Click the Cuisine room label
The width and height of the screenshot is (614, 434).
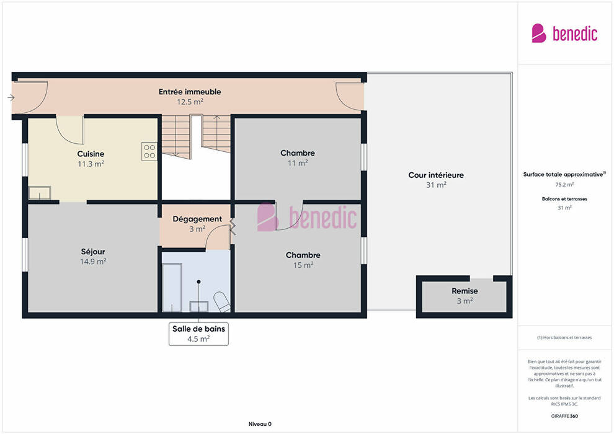91,154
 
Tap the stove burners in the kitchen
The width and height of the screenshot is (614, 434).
149,151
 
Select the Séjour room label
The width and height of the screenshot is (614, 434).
93,252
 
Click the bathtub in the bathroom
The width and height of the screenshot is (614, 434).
172,288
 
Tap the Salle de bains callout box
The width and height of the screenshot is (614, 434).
198,334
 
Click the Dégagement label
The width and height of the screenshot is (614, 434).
197,219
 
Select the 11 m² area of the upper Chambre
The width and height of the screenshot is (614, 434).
298,163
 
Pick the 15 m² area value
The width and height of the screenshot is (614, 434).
303,265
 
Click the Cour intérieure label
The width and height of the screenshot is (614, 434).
436,175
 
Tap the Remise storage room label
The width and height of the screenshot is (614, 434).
465,291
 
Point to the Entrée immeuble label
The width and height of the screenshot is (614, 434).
190,92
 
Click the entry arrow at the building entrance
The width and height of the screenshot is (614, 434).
11,97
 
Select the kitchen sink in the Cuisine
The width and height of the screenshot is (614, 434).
40,193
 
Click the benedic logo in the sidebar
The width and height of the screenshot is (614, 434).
564,33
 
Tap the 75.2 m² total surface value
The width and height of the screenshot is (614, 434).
564,184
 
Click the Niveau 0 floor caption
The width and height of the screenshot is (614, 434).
260,424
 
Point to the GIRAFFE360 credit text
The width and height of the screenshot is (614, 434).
564,416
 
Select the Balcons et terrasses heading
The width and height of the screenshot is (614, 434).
564,199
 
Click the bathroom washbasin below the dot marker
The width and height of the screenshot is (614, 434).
199,306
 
